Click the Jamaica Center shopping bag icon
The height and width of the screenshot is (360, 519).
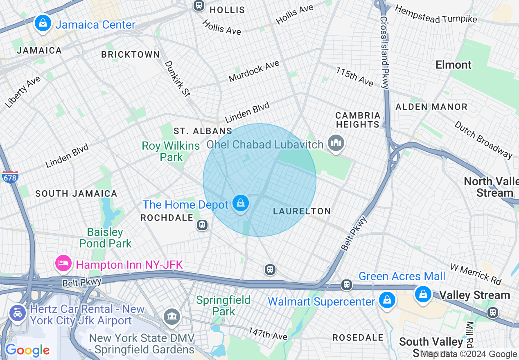tap(43, 23)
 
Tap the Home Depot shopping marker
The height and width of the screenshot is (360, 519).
tap(241, 203)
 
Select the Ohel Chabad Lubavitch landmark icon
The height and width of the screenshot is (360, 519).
tap(336, 143)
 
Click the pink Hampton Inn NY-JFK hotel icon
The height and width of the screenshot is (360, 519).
tap(63, 263)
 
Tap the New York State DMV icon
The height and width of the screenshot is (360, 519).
tap(171, 316)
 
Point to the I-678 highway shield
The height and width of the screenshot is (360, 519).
tap(10, 177)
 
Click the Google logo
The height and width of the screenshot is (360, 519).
tap(27, 350)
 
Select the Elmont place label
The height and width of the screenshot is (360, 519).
tap(453, 65)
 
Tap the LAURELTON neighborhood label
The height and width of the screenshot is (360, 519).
tap(302, 211)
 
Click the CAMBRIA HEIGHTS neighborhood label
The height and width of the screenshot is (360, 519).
tap(358, 120)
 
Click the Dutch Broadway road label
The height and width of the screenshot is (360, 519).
tap(483, 139)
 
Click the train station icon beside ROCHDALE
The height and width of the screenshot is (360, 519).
tap(202, 225)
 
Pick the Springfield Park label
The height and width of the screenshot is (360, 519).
tap(223, 305)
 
